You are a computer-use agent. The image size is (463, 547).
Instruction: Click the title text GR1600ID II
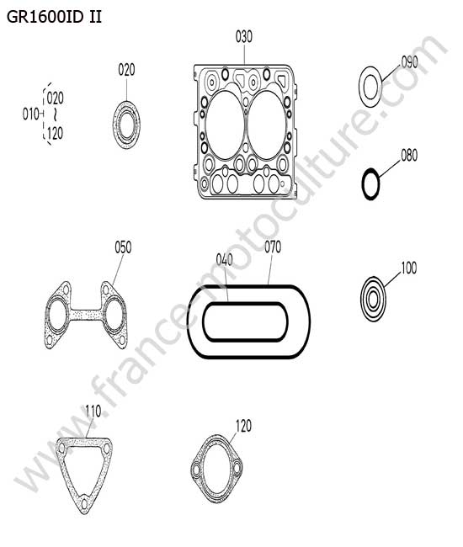tap(54, 17)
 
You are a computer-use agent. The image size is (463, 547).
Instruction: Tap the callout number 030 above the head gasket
tap(243, 37)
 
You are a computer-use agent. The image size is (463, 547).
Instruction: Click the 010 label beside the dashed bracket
tap(30, 114)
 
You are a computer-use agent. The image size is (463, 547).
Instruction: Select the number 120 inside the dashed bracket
tap(55, 133)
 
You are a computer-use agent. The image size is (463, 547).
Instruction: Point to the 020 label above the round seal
tap(126, 70)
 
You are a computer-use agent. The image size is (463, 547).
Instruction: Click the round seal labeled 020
tap(126, 125)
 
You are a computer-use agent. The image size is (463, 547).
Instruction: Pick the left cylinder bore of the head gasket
tap(225, 125)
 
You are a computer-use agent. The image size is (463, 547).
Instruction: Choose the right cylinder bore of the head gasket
tap(267, 125)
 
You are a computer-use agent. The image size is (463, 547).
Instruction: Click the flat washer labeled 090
tap(370, 87)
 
